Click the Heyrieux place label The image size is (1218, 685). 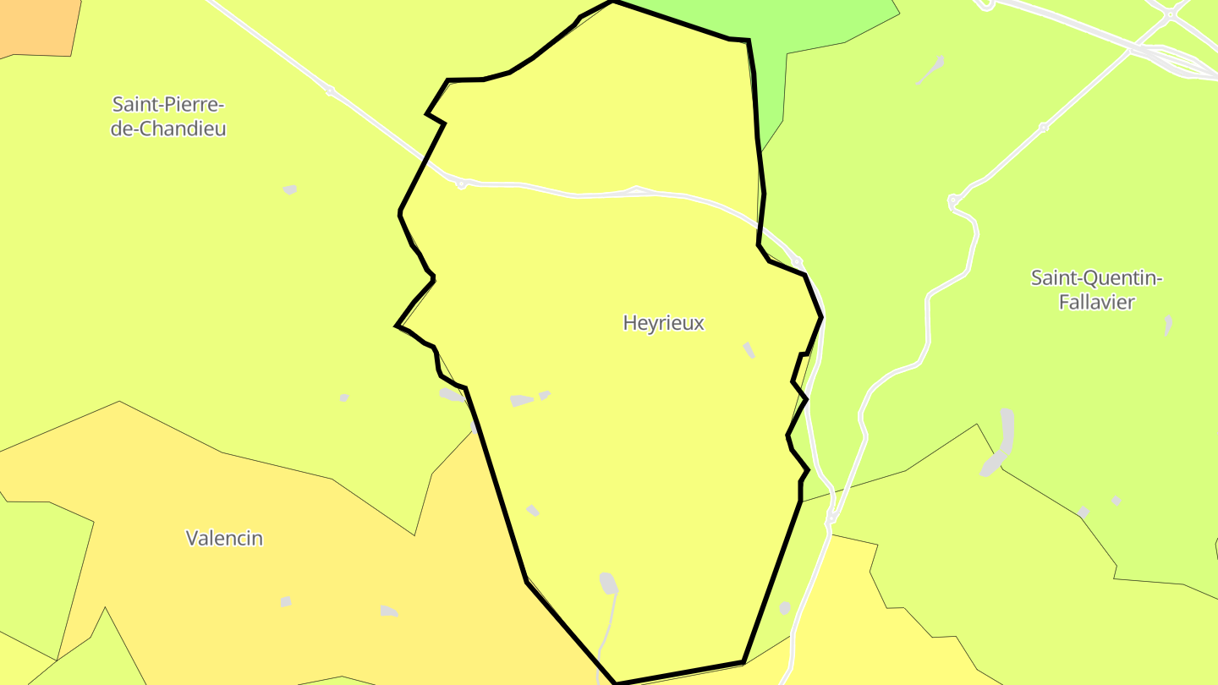point(663,323)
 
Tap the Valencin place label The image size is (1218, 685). point(224,538)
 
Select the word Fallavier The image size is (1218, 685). point(1096,302)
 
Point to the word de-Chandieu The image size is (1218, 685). point(168,129)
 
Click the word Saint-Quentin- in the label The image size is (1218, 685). point(1096,278)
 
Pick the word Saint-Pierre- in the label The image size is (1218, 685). point(168,105)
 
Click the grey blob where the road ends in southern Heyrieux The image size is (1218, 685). point(608,583)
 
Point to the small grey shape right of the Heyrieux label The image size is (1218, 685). point(749,349)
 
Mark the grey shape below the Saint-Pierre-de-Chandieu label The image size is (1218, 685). point(290,189)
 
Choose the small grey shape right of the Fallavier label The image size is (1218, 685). point(1168,325)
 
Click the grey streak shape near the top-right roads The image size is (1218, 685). point(930,70)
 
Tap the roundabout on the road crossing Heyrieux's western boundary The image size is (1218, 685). point(461,184)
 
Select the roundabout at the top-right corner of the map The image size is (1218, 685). point(1170,14)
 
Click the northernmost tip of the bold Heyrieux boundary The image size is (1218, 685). point(612,2)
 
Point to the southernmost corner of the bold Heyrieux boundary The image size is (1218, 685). point(615,682)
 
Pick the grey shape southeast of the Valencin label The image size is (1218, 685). point(388,611)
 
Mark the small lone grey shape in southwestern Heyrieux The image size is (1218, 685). point(533,510)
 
